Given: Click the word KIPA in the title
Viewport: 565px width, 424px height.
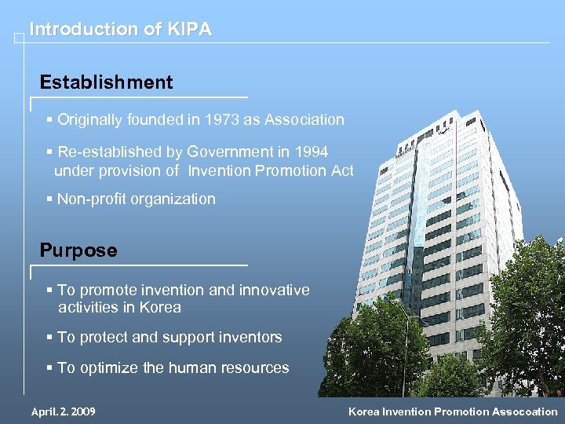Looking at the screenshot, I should tap(189, 30).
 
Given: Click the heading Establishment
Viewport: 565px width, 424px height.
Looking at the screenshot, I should tap(106, 82).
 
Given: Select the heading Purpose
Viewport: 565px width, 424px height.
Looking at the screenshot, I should tap(78, 251).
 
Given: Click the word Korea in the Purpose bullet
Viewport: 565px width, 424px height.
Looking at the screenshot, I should tap(160, 307).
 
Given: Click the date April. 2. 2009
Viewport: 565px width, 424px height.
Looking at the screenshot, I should tap(63, 411).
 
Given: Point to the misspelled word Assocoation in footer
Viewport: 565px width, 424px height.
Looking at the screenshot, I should tap(519, 411).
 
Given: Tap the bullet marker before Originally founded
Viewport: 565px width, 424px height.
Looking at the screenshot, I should tap(49, 120).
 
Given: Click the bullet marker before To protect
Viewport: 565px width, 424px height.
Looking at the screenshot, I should tap(49, 338).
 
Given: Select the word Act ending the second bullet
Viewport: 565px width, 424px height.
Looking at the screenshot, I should tap(342, 170).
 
